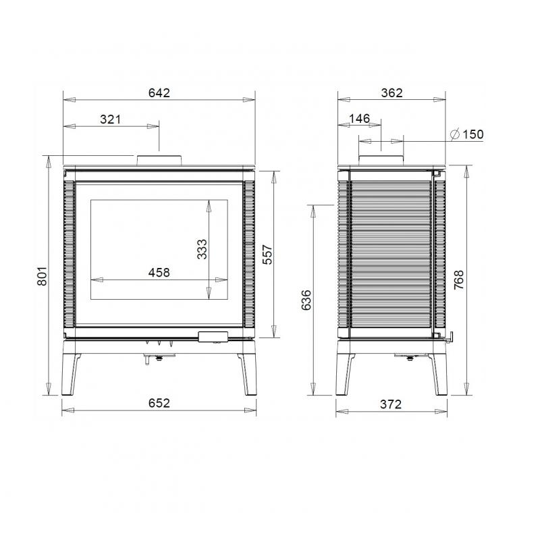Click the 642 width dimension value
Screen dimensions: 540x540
pos(159,93)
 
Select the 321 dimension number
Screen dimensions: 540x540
pos(111,119)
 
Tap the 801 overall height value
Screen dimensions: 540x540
pos(42,276)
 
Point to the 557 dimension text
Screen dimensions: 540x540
pos(267,254)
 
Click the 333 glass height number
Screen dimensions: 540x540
pos(202,249)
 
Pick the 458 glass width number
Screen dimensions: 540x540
pos(159,273)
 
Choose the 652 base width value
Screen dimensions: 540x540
pos(159,403)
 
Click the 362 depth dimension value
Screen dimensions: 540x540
pos(392,93)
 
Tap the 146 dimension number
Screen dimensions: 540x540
pos(359,119)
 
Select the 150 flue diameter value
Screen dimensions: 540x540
pos(473,134)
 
